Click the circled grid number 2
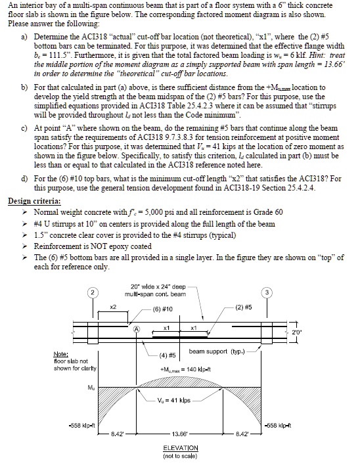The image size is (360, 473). (93, 292)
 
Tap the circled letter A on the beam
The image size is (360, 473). (137, 328)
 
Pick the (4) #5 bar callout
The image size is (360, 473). (167, 355)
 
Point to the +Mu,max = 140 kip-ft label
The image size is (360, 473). (177, 370)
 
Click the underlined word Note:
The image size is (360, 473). (62, 355)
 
